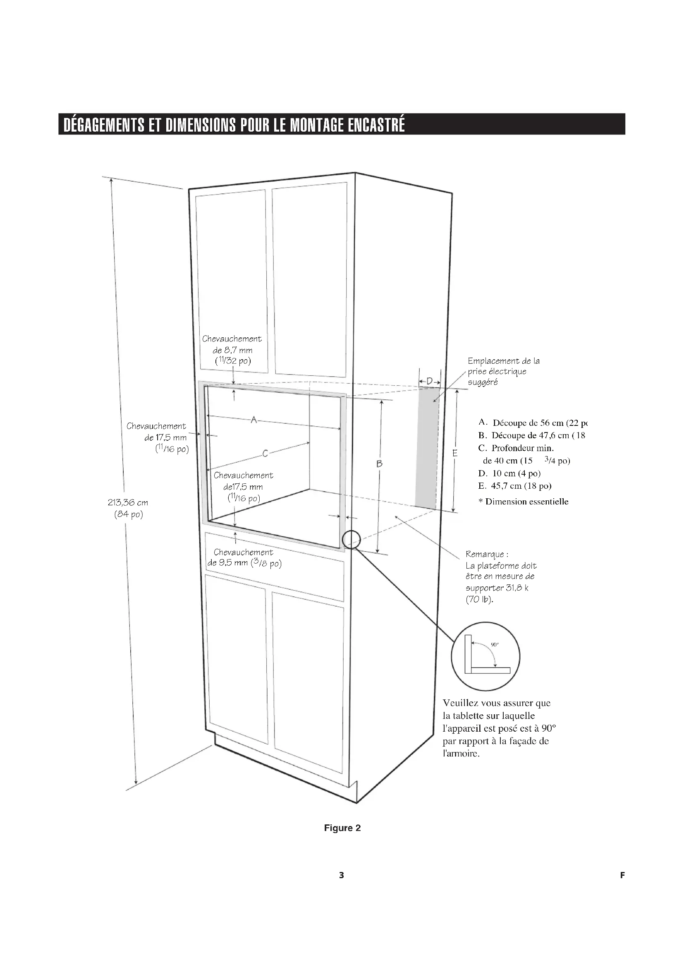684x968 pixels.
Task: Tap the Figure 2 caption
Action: point(342,828)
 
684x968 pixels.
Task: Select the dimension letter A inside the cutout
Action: point(254,420)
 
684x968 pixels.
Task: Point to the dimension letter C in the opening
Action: point(265,454)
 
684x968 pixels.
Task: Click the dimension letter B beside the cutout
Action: point(379,464)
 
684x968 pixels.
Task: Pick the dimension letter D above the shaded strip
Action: point(429,381)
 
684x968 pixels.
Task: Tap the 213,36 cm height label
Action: point(128,502)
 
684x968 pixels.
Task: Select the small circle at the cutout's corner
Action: point(351,539)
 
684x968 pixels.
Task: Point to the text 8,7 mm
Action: point(238,350)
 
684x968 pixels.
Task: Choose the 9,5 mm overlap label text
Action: point(227,563)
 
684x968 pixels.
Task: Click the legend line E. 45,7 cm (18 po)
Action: point(515,486)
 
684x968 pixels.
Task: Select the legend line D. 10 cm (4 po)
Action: point(509,473)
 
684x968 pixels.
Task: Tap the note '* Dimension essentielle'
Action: point(524,502)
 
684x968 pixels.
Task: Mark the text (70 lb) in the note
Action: point(479,599)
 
